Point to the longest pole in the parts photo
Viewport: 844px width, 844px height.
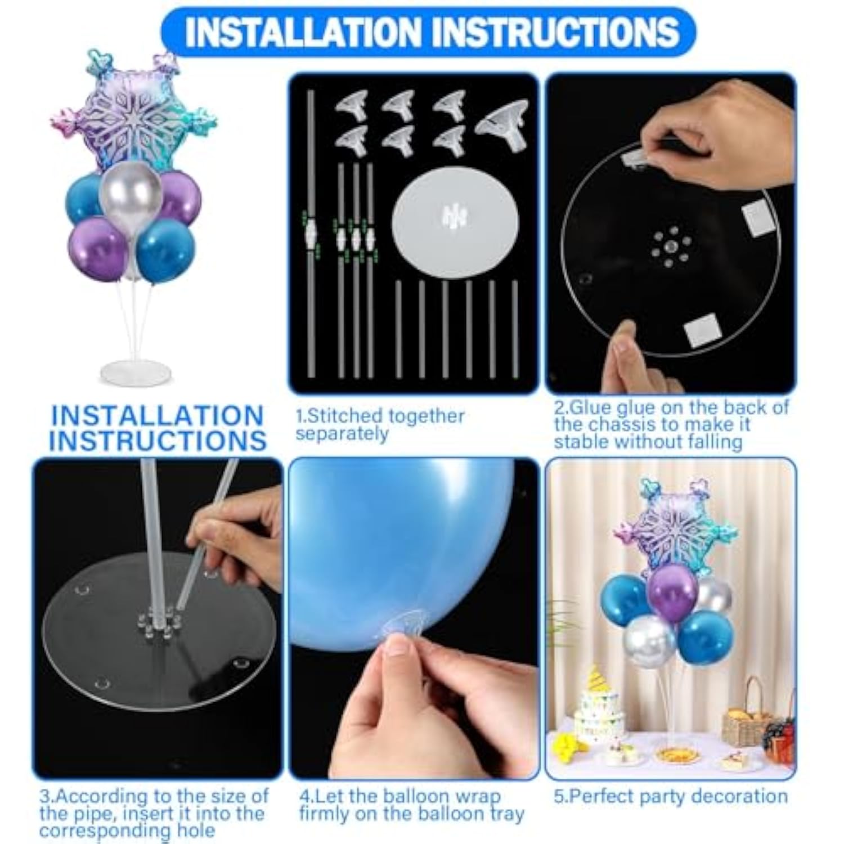[x=311, y=234]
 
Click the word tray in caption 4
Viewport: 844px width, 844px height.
[x=506, y=814]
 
